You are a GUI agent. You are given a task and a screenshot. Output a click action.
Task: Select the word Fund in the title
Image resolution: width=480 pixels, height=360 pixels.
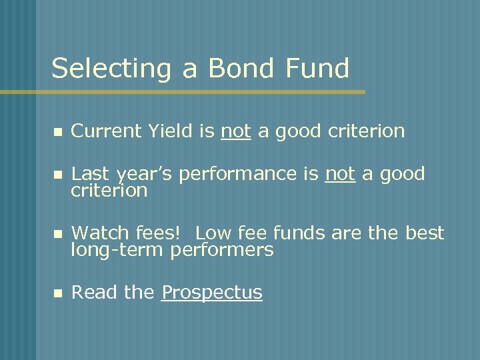tap(316, 68)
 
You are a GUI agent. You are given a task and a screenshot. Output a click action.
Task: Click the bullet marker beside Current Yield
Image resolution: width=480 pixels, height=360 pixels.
tap(57, 132)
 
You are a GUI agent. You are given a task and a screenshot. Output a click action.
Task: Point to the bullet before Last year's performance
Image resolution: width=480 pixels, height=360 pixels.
tap(57, 175)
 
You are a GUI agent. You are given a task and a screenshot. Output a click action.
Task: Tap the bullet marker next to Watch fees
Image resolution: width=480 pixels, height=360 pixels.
tap(57, 234)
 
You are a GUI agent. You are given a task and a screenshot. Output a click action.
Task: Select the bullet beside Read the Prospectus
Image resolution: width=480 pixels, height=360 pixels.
tap(57, 293)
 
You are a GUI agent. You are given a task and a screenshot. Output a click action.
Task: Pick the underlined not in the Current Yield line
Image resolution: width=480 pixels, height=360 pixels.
tap(235, 131)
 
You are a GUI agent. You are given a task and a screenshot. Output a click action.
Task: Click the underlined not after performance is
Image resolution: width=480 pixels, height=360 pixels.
tap(340, 174)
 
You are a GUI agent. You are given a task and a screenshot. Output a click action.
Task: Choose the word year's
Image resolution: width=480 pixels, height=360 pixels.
tap(143, 175)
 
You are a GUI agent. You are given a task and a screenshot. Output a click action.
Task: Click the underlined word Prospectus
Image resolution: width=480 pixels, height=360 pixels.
tap(212, 293)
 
